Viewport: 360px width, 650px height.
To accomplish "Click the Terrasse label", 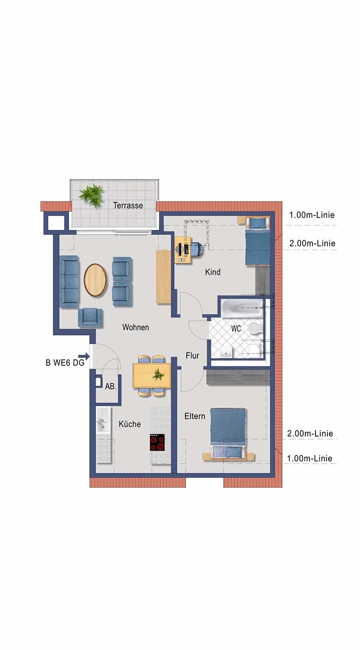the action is point(128,205).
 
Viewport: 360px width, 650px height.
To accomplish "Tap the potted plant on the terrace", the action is point(92,194).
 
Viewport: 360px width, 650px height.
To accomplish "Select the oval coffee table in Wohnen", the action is point(95,280).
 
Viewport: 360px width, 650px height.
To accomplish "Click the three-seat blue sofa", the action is point(69,281).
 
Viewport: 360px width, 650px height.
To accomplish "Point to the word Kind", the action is point(213,272).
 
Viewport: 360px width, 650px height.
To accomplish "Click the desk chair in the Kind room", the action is point(196,249).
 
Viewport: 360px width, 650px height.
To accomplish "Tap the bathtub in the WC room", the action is point(242,308).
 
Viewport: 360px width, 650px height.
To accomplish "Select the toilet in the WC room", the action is point(255,329).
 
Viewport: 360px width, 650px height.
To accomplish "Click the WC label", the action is point(236,329).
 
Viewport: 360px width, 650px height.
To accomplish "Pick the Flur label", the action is point(192,355).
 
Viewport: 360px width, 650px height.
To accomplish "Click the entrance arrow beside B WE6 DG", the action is point(84,356).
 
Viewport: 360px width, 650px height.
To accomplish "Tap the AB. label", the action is point(111,387).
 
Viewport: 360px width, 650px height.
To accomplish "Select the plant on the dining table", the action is point(158,374).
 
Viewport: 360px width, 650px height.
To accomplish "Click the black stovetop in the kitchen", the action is point(158,442).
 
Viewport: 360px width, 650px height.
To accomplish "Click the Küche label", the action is point(130,424).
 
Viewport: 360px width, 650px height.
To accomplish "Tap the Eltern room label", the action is point(195,416).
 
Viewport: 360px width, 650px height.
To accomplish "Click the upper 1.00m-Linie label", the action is point(312,215).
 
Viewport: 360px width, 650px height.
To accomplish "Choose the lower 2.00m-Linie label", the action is point(310,434).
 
